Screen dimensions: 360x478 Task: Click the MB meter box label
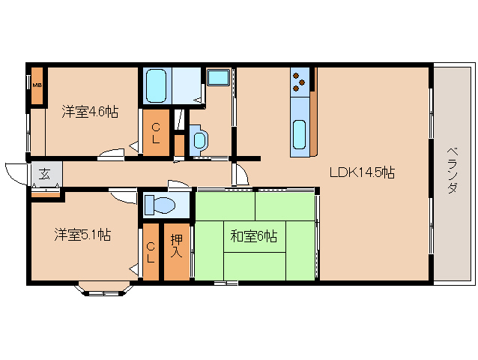(x=36, y=83)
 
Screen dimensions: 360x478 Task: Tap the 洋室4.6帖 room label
(x=89, y=112)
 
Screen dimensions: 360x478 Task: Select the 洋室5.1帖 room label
(x=82, y=235)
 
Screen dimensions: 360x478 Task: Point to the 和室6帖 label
(x=253, y=237)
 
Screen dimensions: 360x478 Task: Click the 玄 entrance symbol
(x=44, y=175)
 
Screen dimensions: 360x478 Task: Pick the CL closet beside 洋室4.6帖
(x=155, y=133)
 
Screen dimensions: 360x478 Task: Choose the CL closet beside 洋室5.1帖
(x=151, y=252)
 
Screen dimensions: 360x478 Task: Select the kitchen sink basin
(x=299, y=134)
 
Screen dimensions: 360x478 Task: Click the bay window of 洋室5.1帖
(x=104, y=286)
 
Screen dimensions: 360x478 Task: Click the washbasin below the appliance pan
(x=199, y=139)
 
